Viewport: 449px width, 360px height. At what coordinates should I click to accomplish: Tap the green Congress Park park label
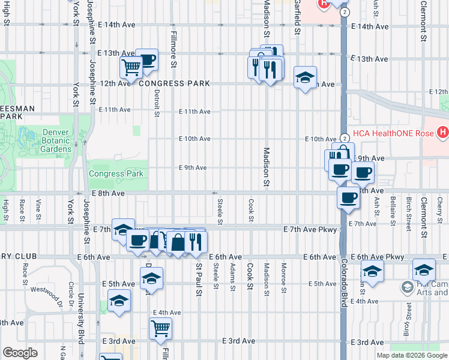[x=116, y=174]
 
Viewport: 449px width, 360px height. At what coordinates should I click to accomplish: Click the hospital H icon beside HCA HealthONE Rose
[x=442, y=131]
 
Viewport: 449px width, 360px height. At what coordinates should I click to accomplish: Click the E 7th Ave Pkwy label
[x=310, y=229]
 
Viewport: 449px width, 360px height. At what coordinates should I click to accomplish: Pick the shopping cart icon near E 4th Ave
[x=160, y=328]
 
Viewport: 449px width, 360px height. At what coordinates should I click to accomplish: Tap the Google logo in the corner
[x=20, y=353]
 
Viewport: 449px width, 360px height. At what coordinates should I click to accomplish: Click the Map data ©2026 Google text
[x=411, y=355]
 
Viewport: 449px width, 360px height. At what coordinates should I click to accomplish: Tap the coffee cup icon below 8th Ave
[x=347, y=197]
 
